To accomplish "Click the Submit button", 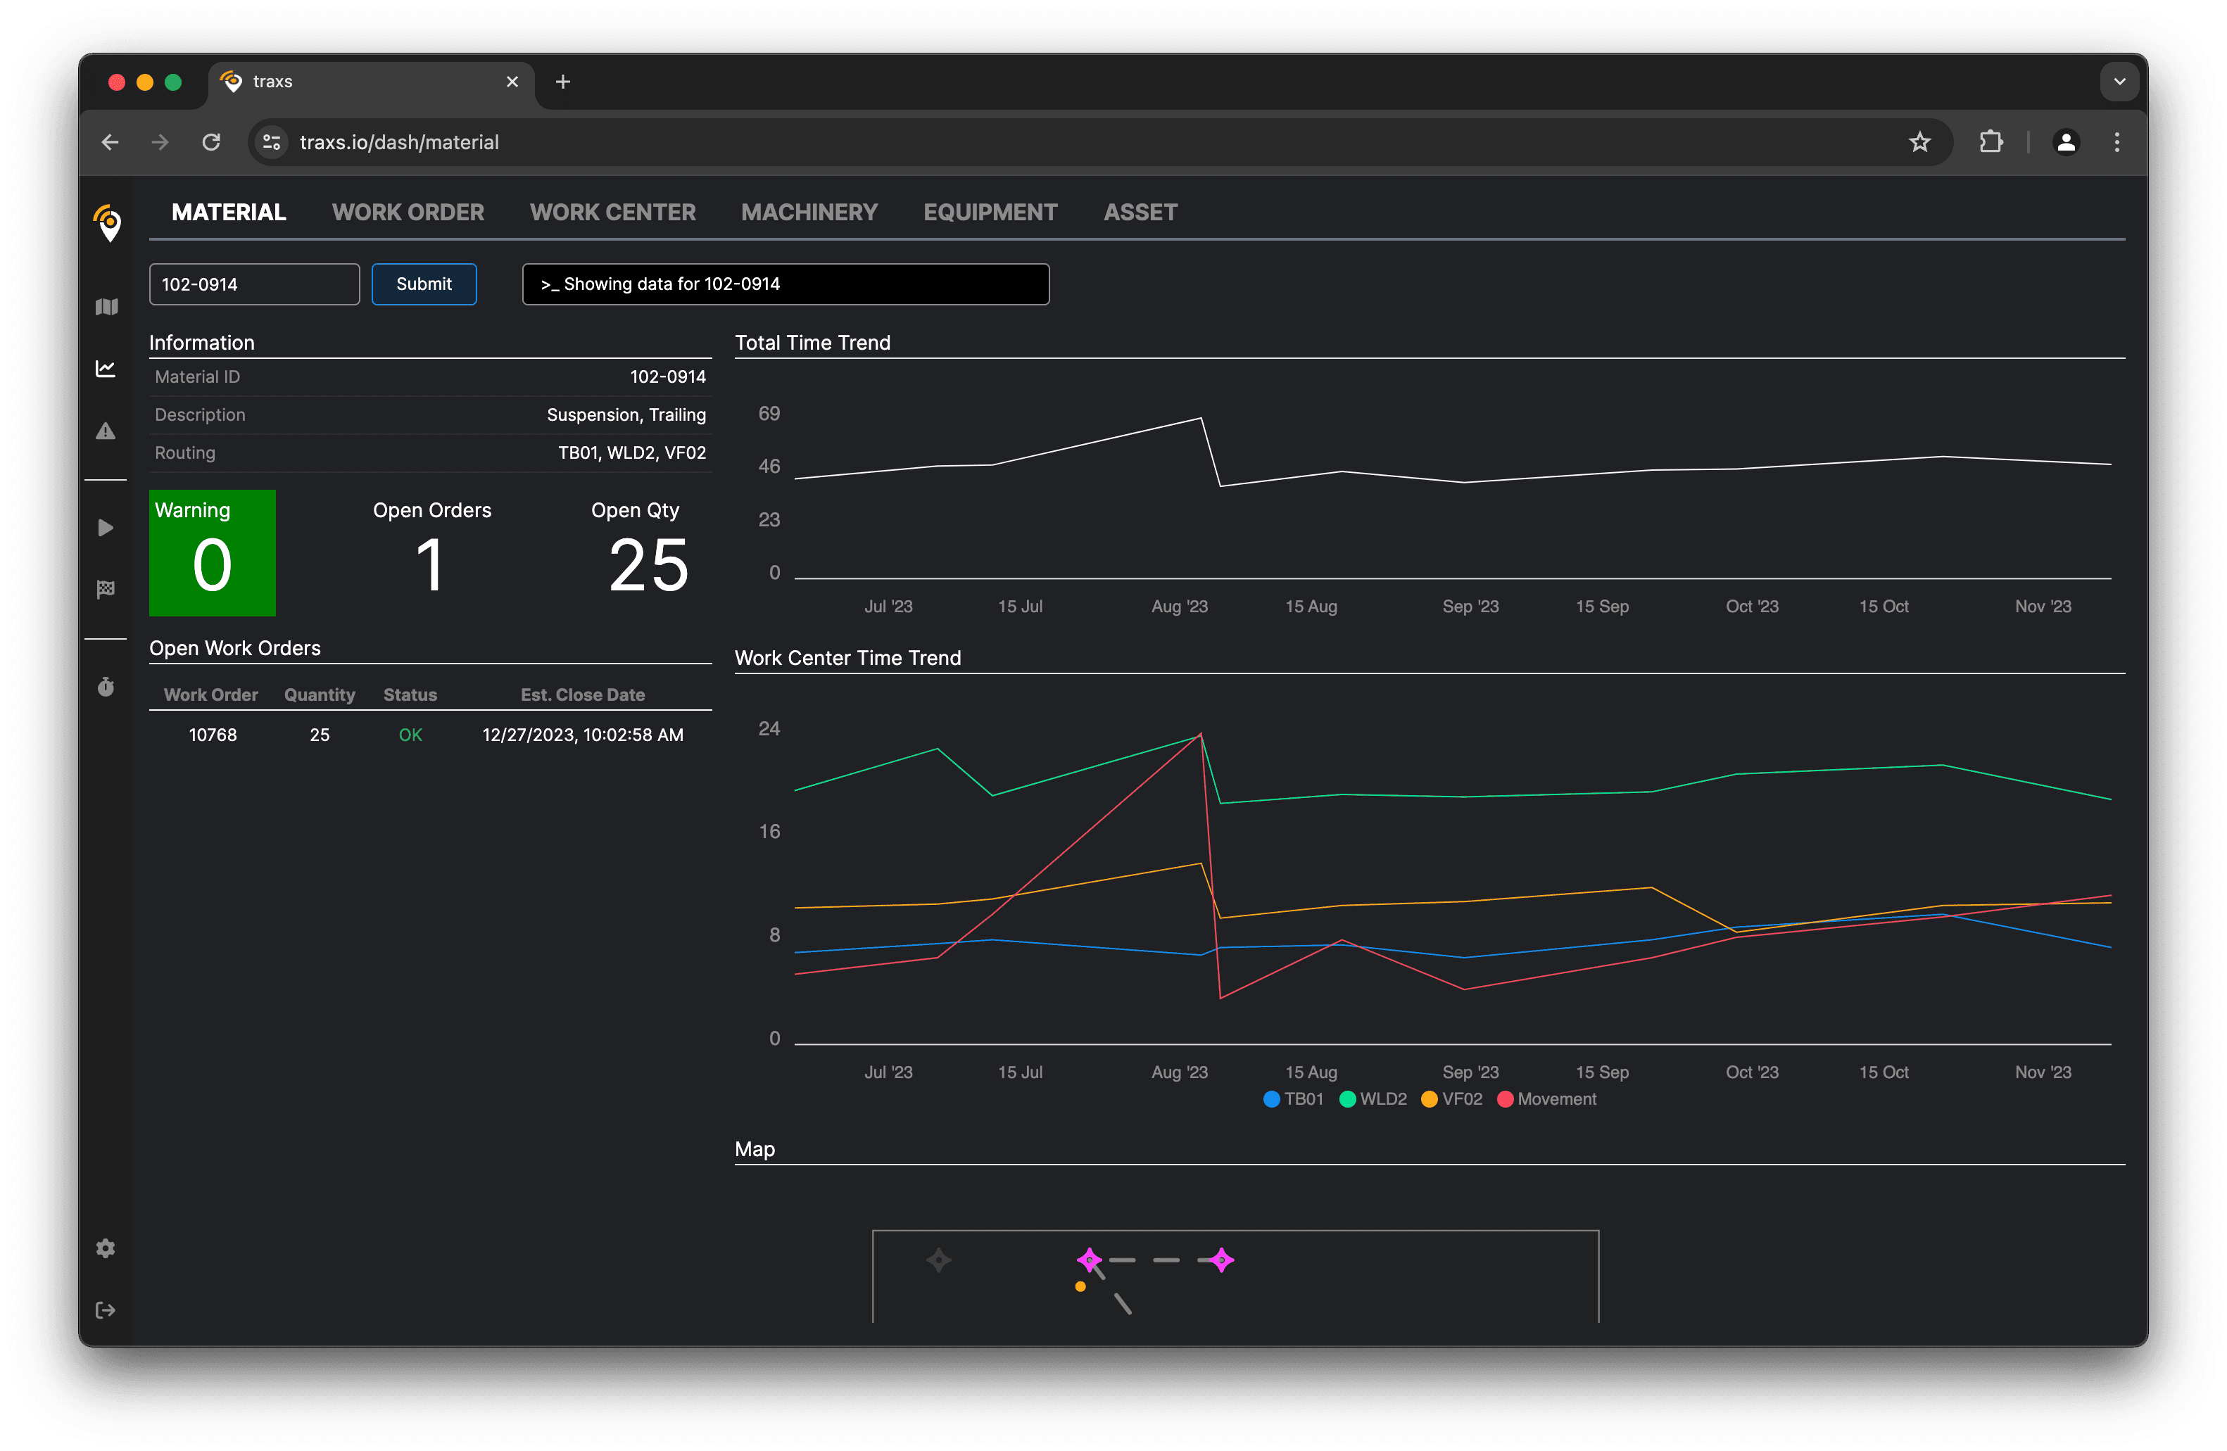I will point(424,284).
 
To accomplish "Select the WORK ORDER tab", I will point(408,213).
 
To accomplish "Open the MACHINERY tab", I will point(809,213).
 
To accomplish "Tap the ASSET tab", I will point(1140,213).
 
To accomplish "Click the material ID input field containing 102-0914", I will point(253,284).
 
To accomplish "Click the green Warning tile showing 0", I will point(213,553).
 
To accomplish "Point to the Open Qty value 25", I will point(648,565).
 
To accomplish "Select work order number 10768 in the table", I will point(213,735).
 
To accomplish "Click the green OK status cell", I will point(410,735).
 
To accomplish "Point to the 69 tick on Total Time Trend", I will point(769,414).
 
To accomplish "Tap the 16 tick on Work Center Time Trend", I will point(769,832).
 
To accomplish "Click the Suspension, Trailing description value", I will point(626,415).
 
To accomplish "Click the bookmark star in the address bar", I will point(1919,142).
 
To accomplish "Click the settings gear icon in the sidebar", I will point(106,1249).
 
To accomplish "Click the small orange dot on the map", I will point(1080,1287).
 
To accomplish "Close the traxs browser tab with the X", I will point(512,82).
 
